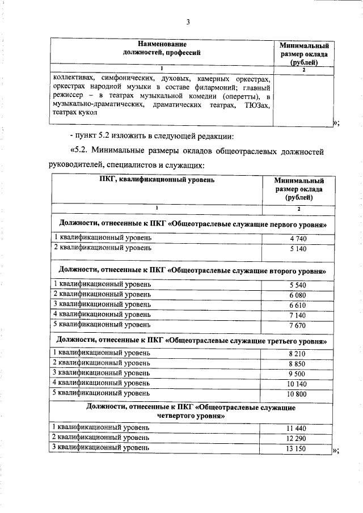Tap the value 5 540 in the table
coord(298,284)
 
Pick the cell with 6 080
coord(298,294)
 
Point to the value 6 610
coord(298,304)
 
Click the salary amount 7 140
coord(298,315)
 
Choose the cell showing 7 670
coord(298,325)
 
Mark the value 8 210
coord(298,353)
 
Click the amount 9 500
coord(298,373)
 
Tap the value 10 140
coord(298,383)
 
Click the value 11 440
coord(298,428)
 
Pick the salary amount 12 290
coord(298,438)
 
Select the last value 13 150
coord(298,448)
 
